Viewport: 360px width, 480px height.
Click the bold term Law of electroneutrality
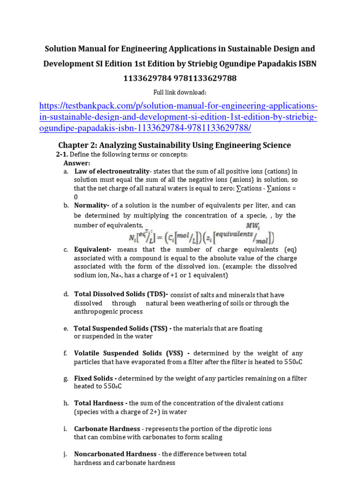click(112, 172)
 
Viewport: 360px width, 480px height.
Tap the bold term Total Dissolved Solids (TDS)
click(120, 294)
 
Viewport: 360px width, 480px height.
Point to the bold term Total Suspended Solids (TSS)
click(122, 329)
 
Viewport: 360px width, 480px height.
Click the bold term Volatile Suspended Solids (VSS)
click(132, 353)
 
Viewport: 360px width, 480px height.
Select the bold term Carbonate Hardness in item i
click(107, 429)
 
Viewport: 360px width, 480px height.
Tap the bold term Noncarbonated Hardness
click(115, 454)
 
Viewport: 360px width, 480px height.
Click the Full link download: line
click(180, 92)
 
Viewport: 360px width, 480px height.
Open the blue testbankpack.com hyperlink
click(178, 117)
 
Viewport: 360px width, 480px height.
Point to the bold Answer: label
click(76, 163)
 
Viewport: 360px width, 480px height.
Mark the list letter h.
click(66, 404)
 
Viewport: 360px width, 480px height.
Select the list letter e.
click(66, 329)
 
